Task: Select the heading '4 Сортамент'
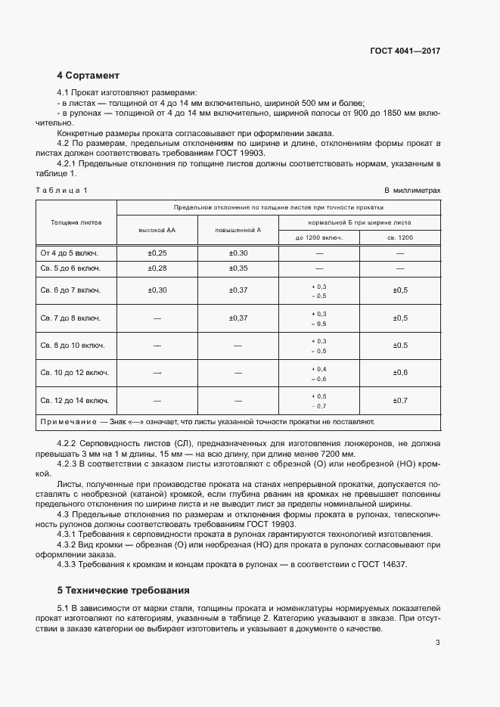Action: point(88,76)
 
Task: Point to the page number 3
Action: point(437,643)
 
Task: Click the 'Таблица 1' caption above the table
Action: point(61,191)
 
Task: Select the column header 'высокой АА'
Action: point(157,229)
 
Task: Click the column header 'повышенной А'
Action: point(238,229)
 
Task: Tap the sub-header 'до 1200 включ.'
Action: point(318,237)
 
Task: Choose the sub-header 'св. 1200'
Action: point(400,237)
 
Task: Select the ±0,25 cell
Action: point(157,253)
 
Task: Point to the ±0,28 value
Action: point(157,268)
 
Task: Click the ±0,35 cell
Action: point(238,268)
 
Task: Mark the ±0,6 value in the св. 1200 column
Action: point(400,373)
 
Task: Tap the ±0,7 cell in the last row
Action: point(400,400)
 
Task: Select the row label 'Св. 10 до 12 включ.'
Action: point(74,373)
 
